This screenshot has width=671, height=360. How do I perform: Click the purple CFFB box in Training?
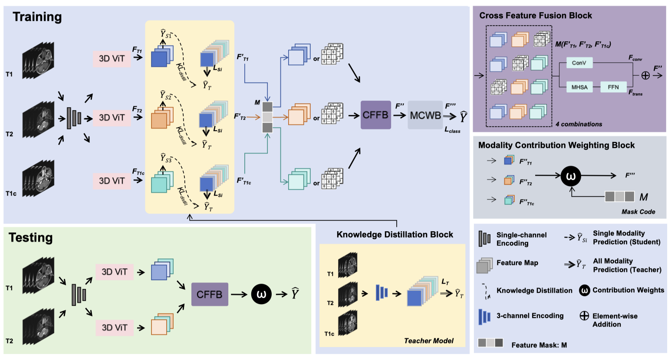[375, 115]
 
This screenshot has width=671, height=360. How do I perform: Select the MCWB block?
[425, 115]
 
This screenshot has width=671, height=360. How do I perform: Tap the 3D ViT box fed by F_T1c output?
[112, 181]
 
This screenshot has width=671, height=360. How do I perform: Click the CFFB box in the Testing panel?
[210, 295]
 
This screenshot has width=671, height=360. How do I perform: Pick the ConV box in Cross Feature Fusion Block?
[579, 63]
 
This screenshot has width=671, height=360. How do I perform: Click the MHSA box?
[579, 87]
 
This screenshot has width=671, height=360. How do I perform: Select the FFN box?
[613, 87]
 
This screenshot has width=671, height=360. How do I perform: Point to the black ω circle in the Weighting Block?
[571, 176]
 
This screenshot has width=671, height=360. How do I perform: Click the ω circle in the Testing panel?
[261, 295]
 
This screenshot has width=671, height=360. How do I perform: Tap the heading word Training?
[37, 17]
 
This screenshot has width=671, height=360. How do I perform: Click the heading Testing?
[31, 238]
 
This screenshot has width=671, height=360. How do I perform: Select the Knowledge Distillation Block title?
[395, 235]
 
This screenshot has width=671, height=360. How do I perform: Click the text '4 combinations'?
[579, 124]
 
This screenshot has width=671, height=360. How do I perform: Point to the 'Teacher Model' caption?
[429, 341]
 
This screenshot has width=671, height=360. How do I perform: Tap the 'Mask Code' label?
[638, 212]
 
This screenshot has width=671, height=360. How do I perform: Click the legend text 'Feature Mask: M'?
[539, 345]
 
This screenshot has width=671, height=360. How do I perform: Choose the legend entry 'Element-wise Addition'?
[615, 320]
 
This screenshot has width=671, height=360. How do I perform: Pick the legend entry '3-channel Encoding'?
[530, 316]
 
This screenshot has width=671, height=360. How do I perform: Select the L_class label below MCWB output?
[452, 131]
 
